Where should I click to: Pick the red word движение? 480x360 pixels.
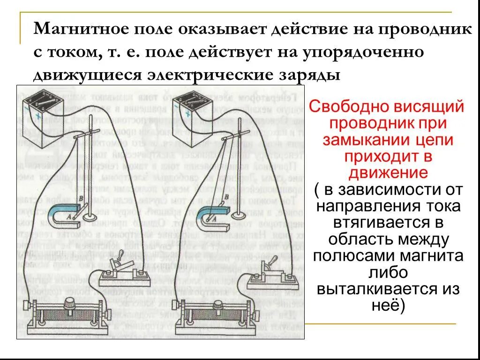click(x=388, y=172)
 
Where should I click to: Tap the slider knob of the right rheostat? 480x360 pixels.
click(x=218, y=305)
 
